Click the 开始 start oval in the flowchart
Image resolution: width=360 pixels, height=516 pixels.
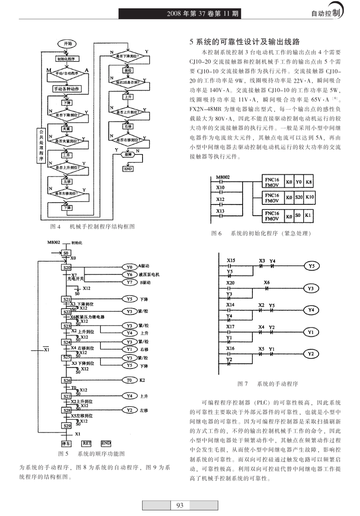(67, 44)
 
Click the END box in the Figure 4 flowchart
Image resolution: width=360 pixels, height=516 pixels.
(128, 169)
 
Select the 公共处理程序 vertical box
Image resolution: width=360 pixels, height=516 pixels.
(41, 145)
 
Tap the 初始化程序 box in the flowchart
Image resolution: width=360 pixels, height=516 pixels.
(66, 59)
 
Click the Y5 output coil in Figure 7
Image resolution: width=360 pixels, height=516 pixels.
(311, 266)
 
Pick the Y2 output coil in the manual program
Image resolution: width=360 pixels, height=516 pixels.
(311, 354)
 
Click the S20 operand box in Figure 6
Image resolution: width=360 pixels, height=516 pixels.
(299, 198)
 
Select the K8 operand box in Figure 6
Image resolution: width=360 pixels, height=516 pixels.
(309, 182)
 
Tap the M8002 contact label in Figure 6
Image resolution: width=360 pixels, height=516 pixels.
(223, 177)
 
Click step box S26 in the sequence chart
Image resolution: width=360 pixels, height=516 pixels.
(67, 380)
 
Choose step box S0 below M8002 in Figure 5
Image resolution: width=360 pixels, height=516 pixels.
(66, 253)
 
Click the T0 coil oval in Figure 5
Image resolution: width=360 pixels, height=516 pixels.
(129, 380)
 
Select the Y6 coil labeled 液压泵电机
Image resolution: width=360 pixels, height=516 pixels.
(129, 274)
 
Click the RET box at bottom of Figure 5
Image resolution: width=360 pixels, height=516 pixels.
(87, 443)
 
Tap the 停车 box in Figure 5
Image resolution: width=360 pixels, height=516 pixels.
(66, 443)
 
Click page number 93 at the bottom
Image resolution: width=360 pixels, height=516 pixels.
(180, 505)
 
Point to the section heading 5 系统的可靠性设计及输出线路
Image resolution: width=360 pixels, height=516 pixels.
(244, 42)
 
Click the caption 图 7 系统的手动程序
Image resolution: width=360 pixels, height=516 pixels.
(268, 384)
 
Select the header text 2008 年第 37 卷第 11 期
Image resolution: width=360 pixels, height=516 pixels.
(202, 14)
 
